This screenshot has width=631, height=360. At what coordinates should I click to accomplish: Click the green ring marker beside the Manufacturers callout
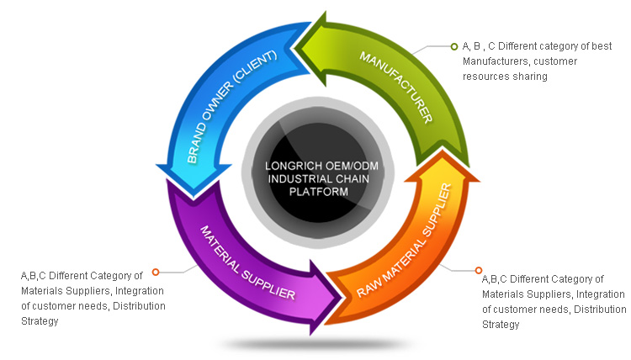click(454, 45)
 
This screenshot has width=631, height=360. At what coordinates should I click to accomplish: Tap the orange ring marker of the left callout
click(155, 272)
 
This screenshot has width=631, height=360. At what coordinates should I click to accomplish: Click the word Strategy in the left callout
click(40, 321)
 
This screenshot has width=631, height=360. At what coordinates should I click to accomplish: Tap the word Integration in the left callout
click(138, 291)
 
